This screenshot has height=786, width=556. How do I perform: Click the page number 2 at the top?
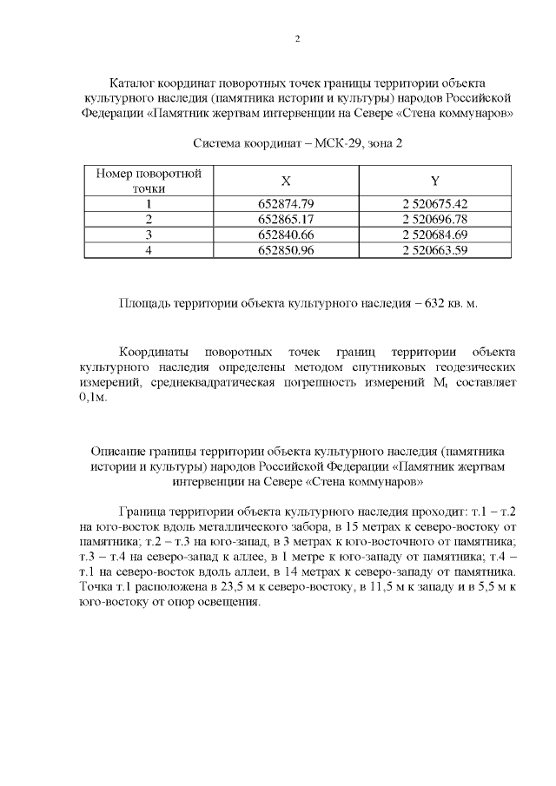coord(297,39)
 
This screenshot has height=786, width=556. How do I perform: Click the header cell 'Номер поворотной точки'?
coord(149,180)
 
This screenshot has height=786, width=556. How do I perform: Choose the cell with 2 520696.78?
coord(434,219)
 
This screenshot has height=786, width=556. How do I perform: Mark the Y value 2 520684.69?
coord(434,234)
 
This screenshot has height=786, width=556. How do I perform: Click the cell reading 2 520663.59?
coord(434,250)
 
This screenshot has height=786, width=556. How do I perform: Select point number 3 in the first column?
coord(149,234)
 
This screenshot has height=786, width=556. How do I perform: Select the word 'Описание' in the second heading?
coord(118,450)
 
